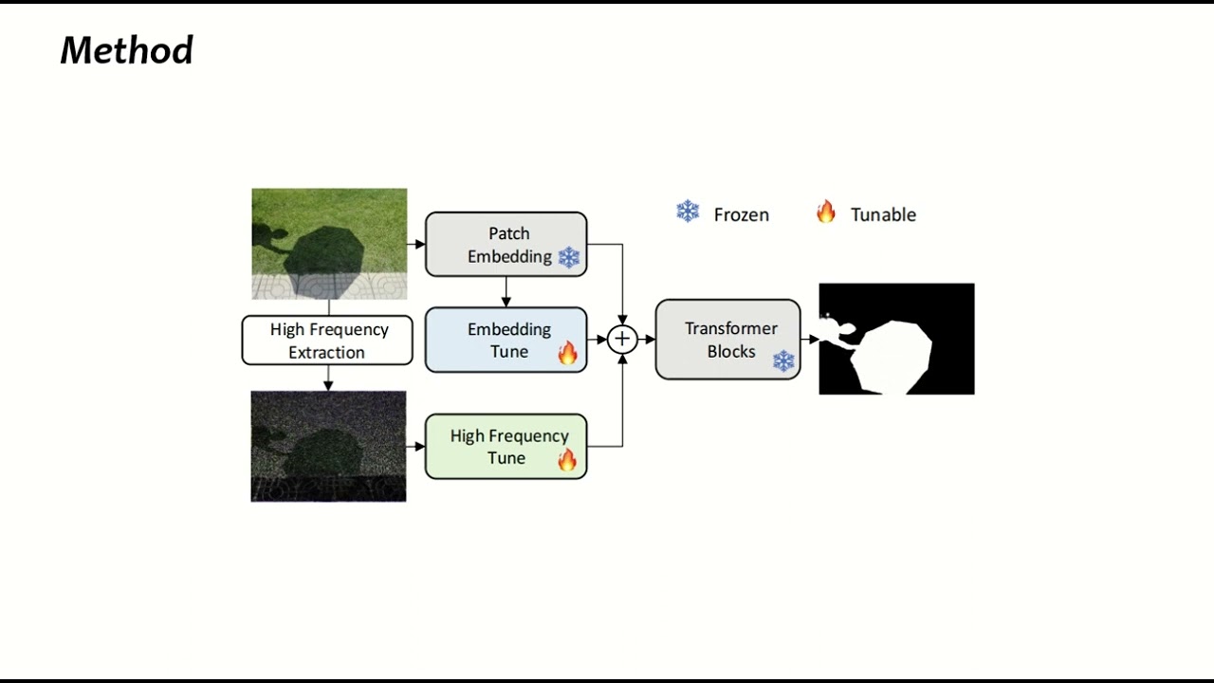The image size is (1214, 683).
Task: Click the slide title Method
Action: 126,50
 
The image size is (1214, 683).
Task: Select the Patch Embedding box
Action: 506,244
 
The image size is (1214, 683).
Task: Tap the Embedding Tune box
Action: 506,340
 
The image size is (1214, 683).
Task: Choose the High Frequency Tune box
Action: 506,446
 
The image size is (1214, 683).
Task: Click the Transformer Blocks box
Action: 727,340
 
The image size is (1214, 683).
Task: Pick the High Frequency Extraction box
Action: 327,341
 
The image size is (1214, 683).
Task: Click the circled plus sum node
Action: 622,339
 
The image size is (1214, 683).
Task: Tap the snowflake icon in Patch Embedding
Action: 569,257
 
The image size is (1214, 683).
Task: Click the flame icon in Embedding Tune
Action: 567,354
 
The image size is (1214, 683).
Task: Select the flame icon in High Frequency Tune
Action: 567,460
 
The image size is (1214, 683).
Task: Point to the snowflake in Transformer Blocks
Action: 783,361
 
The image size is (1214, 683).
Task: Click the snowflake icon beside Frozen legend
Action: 688,212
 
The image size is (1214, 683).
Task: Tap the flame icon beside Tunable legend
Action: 826,212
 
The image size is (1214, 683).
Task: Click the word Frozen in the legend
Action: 741,215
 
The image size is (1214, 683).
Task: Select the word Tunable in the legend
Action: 883,215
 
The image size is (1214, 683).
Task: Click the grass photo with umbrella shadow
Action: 329,244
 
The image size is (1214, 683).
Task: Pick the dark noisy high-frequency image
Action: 328,446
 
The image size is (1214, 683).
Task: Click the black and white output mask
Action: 896,339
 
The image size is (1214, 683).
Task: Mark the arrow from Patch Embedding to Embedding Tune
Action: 506,292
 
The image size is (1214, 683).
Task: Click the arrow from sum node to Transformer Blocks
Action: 647,339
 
